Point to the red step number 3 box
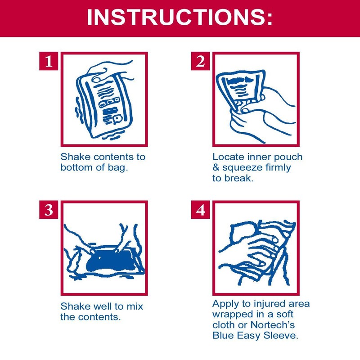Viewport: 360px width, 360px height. coord(49,210)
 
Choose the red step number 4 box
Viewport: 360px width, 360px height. coord(200,210)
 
